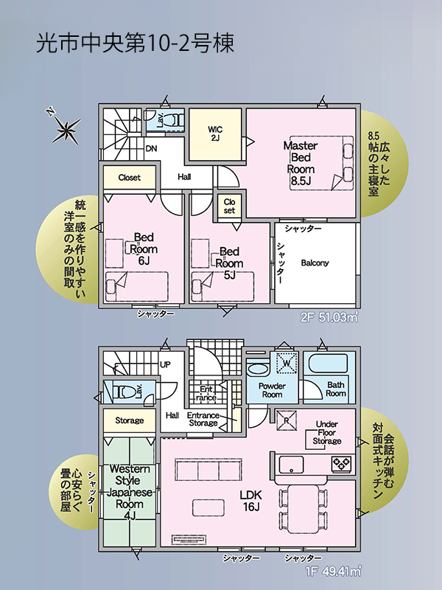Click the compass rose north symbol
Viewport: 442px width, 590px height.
66,130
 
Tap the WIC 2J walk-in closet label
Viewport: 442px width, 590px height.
215,133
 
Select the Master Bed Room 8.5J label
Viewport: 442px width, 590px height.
301,163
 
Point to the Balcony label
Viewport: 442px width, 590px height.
315,263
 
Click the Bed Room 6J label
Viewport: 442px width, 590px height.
144,249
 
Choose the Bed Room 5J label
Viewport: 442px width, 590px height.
229,263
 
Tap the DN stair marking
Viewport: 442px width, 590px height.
152,149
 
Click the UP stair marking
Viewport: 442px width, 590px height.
165,364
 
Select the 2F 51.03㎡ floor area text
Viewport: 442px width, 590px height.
329,318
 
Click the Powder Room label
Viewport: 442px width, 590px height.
272,390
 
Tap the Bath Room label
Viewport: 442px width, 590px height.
336,389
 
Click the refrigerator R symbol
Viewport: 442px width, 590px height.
287,420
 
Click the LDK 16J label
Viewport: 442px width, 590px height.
251,501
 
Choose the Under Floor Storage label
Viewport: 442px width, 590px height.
327,433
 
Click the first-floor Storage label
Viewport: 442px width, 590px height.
130,420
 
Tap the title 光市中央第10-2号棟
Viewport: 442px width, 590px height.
136,43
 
